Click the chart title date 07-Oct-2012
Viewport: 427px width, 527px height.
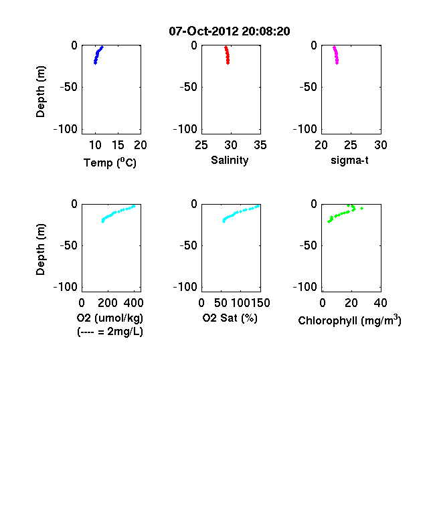point(203,31)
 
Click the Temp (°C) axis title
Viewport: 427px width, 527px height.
point(110,163)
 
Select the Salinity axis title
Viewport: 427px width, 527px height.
point(230,160)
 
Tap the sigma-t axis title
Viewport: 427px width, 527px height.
point(349,161)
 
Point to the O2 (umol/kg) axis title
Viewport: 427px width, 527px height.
point(110,318)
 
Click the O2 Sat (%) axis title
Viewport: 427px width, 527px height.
point(230,318)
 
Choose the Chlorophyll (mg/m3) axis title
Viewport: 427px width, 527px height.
point(349,320)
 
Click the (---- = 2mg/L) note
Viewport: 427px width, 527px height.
point(110,332)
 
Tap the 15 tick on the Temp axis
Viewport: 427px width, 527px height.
point(118,145)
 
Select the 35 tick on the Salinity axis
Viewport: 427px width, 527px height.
point(260,145)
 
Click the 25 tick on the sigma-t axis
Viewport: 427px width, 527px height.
point(351,145)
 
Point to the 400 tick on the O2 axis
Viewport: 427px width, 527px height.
point(133,303)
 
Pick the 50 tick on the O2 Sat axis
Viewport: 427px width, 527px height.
point(221,303)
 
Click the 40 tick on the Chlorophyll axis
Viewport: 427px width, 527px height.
point(381,303)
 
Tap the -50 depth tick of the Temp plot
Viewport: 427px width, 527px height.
point(69,87)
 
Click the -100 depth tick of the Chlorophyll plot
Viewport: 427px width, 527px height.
point(305,287)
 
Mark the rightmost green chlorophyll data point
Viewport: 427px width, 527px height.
point(362,209)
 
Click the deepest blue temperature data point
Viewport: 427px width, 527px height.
point(95,63)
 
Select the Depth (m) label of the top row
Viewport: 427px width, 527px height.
point(40,92)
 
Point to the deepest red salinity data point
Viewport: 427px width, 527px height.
point(228,63)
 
